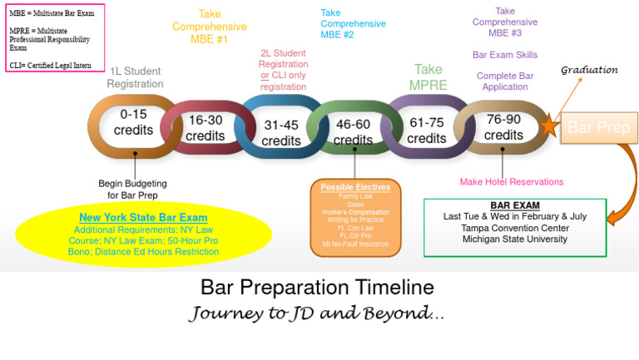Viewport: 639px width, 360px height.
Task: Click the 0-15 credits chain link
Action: click(133, 122)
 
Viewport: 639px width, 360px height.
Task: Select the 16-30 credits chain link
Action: click(206, 128)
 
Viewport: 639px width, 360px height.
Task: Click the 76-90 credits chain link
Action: click(503, 127)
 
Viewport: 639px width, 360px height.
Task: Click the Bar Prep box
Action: click(598, 128)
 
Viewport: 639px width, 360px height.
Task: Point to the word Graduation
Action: click(589, 70)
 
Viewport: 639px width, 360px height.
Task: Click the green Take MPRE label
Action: click(428, 77)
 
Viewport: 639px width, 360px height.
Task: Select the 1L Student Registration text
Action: click(135, 77)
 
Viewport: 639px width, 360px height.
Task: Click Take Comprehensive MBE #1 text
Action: click(210, 27)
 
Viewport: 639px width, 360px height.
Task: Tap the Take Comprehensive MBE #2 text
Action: click(348, 23)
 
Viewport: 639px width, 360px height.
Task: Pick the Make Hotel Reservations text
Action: click(511, 181)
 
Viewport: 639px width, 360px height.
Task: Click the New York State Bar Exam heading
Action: click(144, 218)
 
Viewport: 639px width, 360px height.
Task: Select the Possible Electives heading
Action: click(355, 187)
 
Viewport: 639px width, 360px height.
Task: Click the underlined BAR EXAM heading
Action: click(514, 205)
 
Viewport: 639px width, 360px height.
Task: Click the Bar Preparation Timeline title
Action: click(317, 288)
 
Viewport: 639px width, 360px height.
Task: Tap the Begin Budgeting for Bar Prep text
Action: click(132, 189)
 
